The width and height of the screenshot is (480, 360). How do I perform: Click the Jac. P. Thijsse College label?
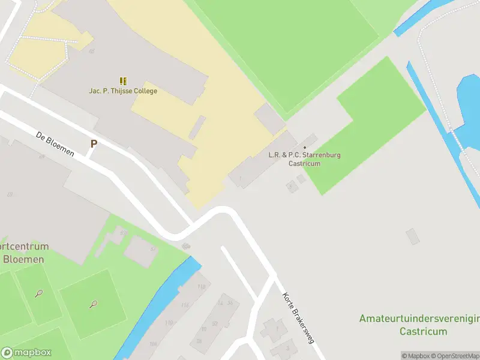click(x=123, y=91)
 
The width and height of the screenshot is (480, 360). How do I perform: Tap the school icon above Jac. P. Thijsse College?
click(x=123, y=81)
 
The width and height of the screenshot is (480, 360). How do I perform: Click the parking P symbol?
click(x=94, y=144)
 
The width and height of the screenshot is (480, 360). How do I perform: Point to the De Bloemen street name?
click(x=55, y=144)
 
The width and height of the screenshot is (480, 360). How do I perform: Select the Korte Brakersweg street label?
click(x=298, y=317)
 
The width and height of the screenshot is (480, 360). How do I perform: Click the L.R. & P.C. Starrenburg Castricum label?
click(x=304, y=159)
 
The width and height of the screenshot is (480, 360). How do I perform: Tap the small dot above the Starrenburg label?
click(x=305, y=148)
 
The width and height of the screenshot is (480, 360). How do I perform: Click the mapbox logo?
click(x=26, y=353)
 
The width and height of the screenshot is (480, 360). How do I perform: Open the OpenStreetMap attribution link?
click(x=454, y=356)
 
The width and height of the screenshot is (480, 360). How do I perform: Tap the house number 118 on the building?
click(x=201, y=287)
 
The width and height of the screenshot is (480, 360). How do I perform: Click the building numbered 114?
click(x=185, y=305)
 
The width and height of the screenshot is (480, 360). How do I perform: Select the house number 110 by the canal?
click(x=169, y=323)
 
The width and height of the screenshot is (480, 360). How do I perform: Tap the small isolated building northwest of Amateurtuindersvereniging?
click(x=413, y=236)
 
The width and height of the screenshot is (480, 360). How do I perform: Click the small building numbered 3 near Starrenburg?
click(x=292, y=187)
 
